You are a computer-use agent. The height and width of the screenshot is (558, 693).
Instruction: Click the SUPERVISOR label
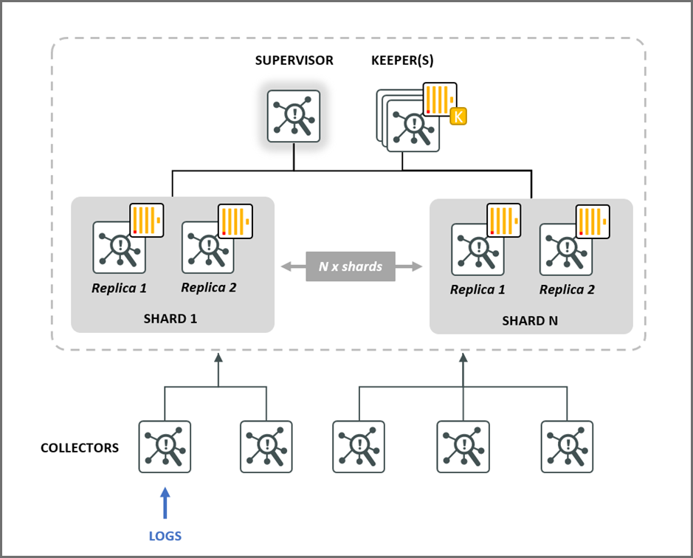tap(294, 61)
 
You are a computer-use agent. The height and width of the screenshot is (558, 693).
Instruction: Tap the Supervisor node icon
tap(294, 117)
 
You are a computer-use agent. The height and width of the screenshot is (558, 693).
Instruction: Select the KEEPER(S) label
tap(402, 61)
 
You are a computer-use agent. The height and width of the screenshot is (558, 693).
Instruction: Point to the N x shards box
tap(351, 266)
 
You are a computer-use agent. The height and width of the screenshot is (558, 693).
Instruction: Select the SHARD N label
tap(531, 320)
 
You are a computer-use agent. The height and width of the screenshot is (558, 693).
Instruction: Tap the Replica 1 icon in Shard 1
tap(119, 247)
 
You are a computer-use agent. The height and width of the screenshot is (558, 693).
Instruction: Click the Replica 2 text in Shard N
tap(567, 289)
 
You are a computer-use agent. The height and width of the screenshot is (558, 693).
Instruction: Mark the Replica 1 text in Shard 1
tap(119, 288)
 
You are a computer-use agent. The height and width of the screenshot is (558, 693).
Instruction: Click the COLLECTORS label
tap(80, 448)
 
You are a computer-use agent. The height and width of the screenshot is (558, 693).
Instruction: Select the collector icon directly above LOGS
tap(165, 447)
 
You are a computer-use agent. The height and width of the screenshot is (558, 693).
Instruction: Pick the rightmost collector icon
tap(567, 447)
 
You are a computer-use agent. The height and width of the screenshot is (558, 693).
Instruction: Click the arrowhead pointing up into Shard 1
tap(218, 359)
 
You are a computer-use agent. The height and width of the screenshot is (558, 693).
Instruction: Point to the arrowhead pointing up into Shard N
tap(463, 359)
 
